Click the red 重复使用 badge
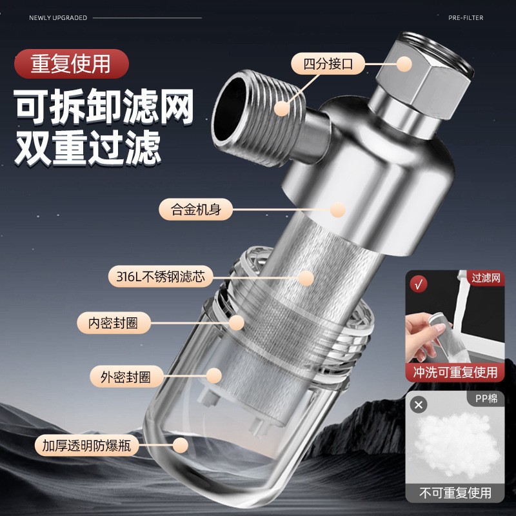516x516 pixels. click(72, 64)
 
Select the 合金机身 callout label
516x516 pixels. click(195, 210)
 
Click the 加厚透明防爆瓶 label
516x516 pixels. click(87, 445)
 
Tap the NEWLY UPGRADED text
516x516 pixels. click(58, 18)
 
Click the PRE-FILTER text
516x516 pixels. click(465, 18)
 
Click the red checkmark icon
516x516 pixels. click(419, 284)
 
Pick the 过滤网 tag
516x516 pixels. click(486, 279)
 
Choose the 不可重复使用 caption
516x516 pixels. click(455, 493)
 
